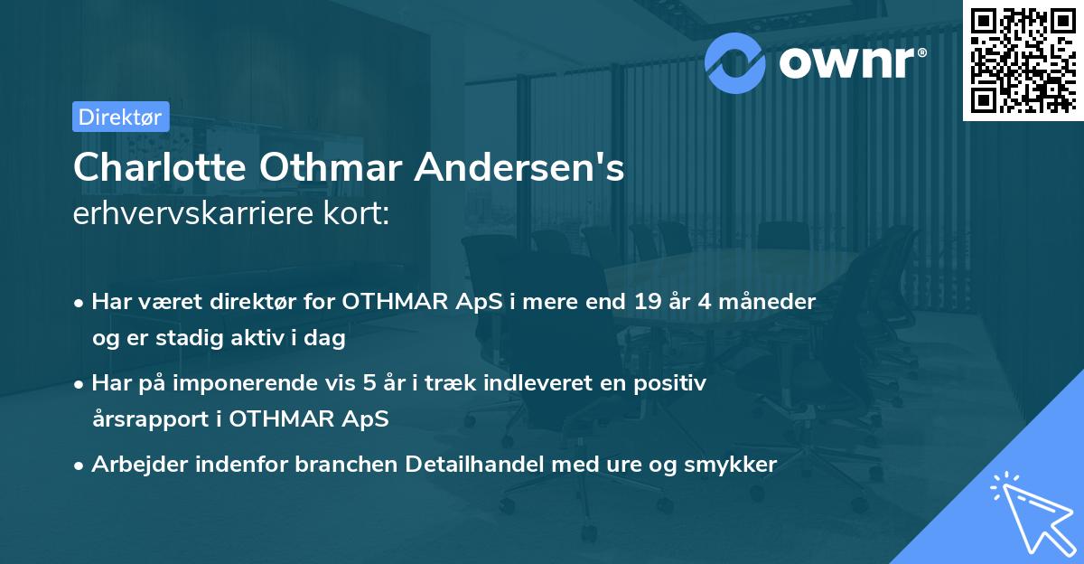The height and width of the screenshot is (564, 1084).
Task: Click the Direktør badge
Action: pyautogui.click(x=119, y=117)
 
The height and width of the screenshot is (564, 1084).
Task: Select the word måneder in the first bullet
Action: pyautogui.click(x=772, y=302)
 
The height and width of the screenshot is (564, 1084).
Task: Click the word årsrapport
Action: pyautogui.click(x=148, y=419)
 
